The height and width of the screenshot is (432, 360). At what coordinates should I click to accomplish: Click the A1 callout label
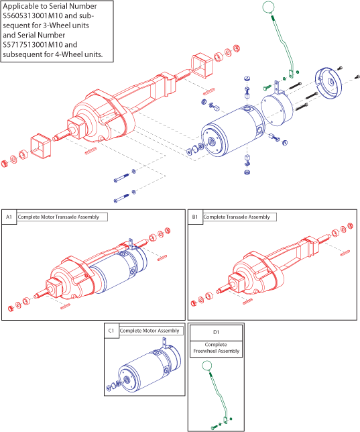(x=9, y=217)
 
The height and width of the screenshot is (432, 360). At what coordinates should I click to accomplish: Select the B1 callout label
(x=195, y=217)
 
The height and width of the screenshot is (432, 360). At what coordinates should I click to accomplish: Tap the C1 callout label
(x=111, y=331)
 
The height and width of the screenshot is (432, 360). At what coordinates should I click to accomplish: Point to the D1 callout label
(x=217, y=332)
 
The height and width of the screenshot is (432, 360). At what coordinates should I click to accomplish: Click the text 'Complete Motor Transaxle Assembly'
(x=58, y=217)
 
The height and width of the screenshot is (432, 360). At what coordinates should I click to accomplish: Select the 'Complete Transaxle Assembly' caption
(x=237, y=217)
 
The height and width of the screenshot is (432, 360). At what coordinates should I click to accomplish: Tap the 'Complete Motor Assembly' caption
(x=149, y=331)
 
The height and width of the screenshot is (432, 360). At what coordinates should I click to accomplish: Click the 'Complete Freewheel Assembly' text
(x=217, y=347)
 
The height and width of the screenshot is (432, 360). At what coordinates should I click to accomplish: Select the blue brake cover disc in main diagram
(x=328, y=83)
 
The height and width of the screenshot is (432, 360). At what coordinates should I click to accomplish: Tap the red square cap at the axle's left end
(x=40, y=146)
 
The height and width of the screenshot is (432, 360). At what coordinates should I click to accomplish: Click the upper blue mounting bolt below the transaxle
(x=121, y=178)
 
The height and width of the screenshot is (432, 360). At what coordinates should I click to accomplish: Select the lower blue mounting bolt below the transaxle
(x=121, y=198)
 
